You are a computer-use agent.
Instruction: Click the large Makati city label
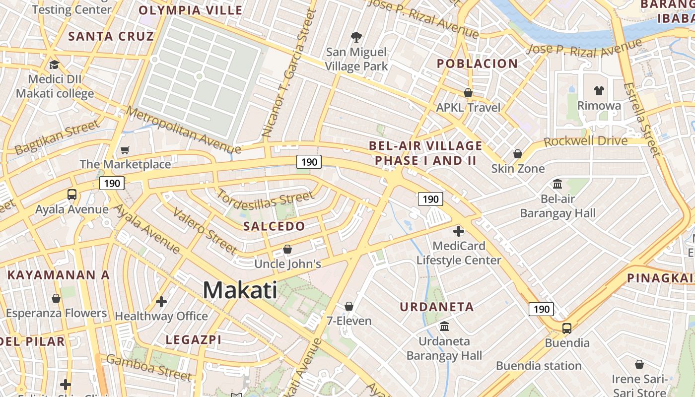(x=240, y=290)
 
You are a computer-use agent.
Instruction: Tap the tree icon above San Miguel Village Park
(x=356, y=37)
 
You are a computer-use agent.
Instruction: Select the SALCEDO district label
(x=274, y=226)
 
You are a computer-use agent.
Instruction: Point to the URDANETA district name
(x=437, y=307)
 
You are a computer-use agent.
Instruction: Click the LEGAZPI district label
(x=194, y=340)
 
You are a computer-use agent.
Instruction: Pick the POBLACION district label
(x=477, y=64)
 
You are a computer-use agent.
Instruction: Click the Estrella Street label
(x=642, y=119)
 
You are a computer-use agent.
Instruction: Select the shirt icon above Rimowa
(x=599, y=91)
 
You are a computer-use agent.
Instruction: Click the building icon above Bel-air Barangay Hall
(x=557, y=184)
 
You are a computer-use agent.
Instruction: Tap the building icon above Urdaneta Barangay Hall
(x=444, y=327)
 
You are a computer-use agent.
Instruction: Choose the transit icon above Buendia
(x=567, y=328)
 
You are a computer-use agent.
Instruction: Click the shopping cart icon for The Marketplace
(x=125, y=149)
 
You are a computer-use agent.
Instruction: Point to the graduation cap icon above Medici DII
(x=54, y=65)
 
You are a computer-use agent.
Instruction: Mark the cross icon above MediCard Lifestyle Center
(x=458, y=231)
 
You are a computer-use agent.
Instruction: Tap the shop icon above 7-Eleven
(x=349, y=306)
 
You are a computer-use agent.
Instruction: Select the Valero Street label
(x=204, y=230)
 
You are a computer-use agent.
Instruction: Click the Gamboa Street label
(x=148, y=367)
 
